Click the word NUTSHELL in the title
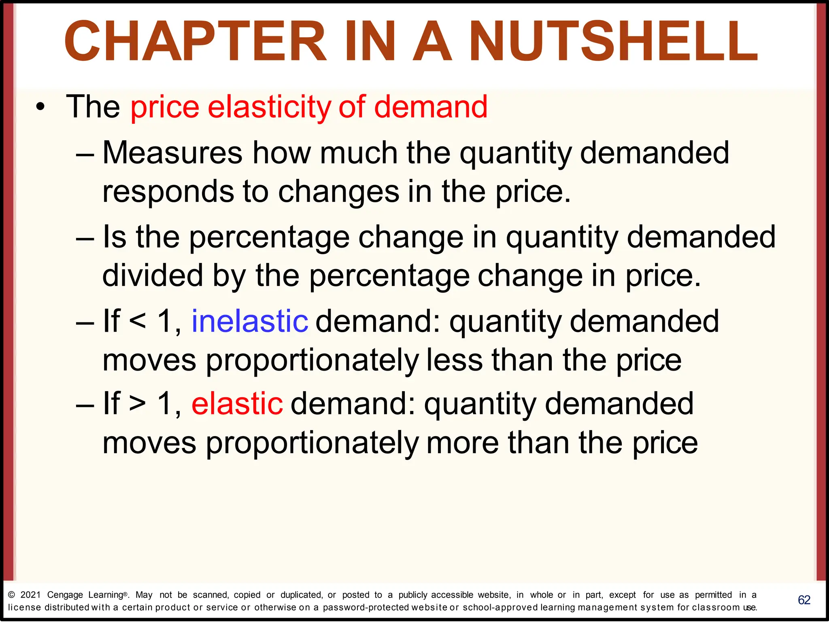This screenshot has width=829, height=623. tap(613, 42)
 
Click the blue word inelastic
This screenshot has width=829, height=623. tap(250, 321)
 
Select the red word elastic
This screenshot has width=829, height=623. tap(237, 404)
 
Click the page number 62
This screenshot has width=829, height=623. tap(804, 600)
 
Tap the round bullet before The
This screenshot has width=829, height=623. tap(40, 108)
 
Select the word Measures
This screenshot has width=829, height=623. tap(172, 153)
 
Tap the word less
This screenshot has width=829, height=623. tap(454, 360)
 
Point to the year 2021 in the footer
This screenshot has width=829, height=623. tap(31, 595)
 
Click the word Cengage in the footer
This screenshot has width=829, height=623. tap(65, 595)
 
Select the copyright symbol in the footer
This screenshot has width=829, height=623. tap(11, 595)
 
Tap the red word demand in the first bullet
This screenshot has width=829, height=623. tap(431, 108)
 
